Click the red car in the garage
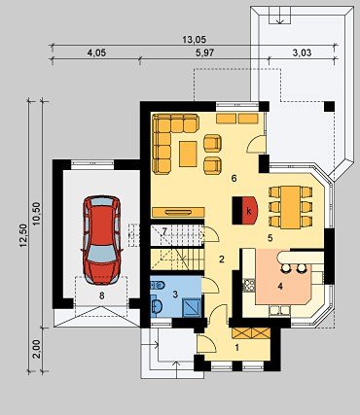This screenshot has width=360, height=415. tap(101, 240)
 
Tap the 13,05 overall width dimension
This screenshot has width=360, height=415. tap(194, 40)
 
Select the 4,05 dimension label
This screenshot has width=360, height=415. tap(96, 52)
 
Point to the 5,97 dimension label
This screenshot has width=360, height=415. tap(204, 52)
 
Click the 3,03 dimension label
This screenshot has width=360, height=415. tap(302, 52)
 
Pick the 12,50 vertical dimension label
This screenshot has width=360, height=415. tap(22, 236)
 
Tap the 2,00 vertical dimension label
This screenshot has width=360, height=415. tap(37, 349)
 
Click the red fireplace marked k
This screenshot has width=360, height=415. tap(245, 211)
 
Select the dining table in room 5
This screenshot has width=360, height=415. tap(291, 207)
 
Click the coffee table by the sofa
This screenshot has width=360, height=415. tap(188, 154)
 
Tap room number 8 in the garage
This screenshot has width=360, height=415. tap(102, 295)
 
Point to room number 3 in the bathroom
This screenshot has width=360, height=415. tap(175, 294)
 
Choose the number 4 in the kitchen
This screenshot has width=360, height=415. tap(280, 286)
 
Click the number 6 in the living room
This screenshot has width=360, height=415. tap(234, 178)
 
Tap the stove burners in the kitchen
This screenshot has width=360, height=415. tap(249, 285)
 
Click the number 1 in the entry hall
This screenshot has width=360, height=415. tap(237, 348)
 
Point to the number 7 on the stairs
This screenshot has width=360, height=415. tap(164, 231)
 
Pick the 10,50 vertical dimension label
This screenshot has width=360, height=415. tap(37, 213)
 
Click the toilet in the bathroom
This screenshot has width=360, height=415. tap(158, 285)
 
